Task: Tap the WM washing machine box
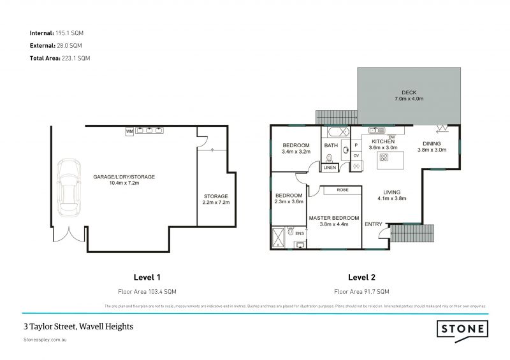tap(129, 131)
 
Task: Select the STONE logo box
tap(463, 329)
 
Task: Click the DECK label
tap(409, 92)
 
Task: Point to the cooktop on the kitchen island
tap(384, 157)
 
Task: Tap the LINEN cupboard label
tap(330, 168)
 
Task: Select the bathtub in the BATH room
tap(337, 133)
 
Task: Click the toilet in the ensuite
tap(290, 233)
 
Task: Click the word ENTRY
tap(373, 224)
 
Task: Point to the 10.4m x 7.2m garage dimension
tap(124, 184)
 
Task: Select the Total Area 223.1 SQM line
tap(60, 58)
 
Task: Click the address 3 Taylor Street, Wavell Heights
tap(78, 326)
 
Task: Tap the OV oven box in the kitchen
tap(356, 155)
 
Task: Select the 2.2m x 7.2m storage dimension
tap(215, 203)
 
